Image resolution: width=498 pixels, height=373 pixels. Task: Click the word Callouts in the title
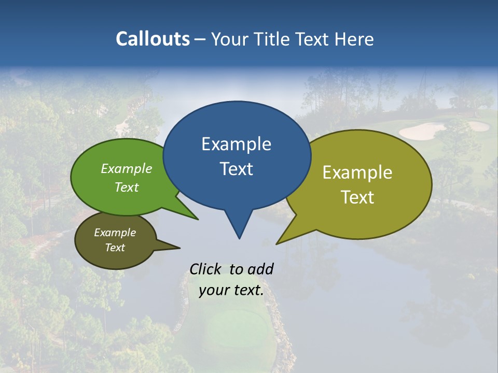click(x=153, y=39)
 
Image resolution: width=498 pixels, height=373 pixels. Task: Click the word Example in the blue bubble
click(x=236, y=144)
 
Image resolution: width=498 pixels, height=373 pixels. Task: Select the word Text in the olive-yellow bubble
click(x=357, y=197)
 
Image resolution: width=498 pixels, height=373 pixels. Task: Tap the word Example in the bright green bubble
click(x=126, y=169)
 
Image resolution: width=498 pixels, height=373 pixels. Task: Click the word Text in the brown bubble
click(x=115, y=248)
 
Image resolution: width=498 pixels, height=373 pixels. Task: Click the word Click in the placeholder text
click(x=206, y=269)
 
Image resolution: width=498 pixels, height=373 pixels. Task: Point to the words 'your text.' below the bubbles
click(x=231, y=291)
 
